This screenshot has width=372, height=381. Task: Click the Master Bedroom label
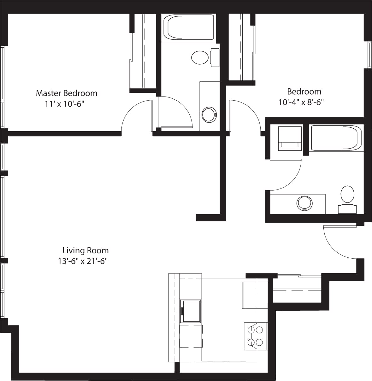(x=67, y=93)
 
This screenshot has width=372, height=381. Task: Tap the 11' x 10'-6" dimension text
(x=65, y=104)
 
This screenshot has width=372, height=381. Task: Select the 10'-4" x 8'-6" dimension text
(x=301, y=102)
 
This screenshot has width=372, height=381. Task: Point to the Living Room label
(x=85, y=250)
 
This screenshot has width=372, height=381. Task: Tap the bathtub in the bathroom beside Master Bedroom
(x=188, y=27)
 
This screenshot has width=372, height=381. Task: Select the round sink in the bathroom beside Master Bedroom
(x=209, y=114)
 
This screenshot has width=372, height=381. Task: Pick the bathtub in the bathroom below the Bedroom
(x=335, y=138)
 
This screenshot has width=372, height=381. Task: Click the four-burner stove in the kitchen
(x=255, y=336)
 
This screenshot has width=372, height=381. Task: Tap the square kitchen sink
(x=190, y=311)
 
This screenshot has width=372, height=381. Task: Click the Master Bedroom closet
(x=144, y=52)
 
